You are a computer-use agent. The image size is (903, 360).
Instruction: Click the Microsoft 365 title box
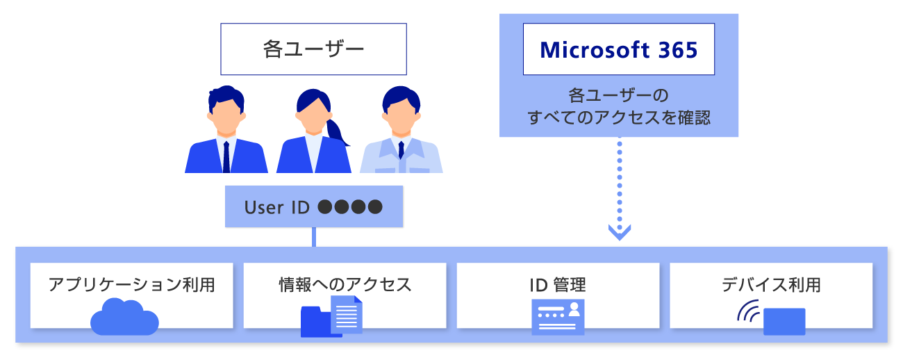618,50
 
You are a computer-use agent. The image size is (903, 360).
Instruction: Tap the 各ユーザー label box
313,49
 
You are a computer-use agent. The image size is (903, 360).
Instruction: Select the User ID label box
314,206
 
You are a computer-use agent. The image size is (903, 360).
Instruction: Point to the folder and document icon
331,316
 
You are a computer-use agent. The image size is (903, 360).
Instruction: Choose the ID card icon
558,317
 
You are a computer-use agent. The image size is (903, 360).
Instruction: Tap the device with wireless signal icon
772,317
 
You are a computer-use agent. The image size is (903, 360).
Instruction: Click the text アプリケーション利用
131,284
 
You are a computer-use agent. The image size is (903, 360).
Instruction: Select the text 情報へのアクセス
345,284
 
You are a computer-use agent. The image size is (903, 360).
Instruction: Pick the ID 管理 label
557,284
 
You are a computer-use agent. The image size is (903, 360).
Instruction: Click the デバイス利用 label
771,284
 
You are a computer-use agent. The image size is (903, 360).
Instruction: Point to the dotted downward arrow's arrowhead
619,232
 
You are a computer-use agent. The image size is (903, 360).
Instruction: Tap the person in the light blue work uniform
401,132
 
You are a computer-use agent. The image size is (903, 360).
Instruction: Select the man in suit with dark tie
226,132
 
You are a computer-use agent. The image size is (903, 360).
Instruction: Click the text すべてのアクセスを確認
618,117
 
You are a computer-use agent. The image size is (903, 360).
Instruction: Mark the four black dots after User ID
350,207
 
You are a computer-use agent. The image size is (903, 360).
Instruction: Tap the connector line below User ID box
314,237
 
